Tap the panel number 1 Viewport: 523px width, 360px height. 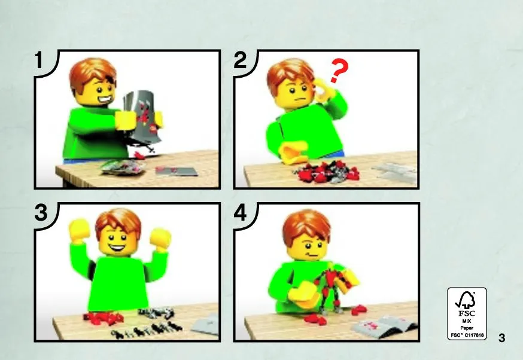point(39,60)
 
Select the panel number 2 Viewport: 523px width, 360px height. point(240,60)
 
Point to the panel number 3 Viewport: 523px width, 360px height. point(41,213)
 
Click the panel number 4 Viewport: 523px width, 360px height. point(240,213)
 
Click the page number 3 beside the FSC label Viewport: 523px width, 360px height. point(501,338)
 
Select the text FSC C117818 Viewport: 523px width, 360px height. point(467,335)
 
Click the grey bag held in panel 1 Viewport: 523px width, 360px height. point(142,118)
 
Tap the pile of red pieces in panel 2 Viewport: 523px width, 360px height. point(326,172)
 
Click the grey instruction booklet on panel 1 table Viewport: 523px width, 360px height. point(176,172)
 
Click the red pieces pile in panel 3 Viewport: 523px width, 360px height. point(104,318)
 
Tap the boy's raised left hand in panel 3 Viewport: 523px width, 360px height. point(160,239)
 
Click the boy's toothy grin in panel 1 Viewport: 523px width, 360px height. point(104,100)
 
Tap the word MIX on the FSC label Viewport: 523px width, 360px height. point(467,321)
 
